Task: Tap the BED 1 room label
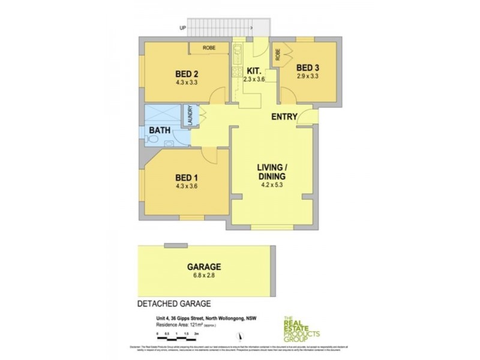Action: (186, 178)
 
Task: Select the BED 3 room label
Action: (308, 67)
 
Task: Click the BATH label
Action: (160, 130)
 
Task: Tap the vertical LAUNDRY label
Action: (190, 116)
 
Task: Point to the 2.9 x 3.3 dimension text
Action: (308, 76)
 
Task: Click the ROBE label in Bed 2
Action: (209, 47)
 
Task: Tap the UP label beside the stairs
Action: (182, 28)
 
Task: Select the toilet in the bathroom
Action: (154, 139)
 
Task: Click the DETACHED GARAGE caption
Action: (175, 304)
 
